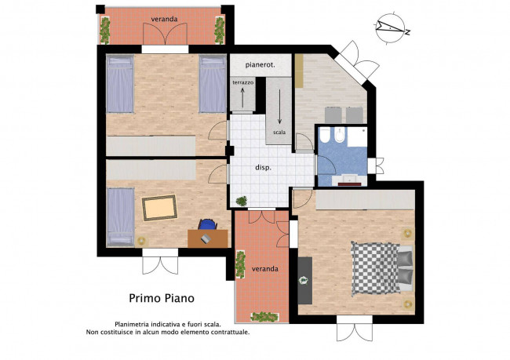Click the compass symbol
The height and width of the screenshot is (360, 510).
(x=392, y=27)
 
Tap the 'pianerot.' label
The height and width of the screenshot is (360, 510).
(x=260, y=65)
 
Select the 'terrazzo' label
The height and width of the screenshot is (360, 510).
(x=242, y=82)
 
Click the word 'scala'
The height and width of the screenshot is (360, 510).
(x=279, y=133)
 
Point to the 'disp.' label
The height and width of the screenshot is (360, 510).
(x=263, y=168)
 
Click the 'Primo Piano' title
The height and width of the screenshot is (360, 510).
(x=162, y=298)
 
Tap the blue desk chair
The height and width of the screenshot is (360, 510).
(x=207, y=224)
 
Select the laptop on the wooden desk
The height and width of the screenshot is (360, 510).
(x=206, y=238)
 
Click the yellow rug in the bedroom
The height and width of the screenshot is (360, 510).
(x=159, y=208)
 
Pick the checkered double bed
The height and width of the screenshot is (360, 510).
(x=382, y=268)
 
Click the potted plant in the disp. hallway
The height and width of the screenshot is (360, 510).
(x=242, y=201)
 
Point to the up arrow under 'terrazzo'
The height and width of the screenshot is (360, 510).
(x=242, y=97)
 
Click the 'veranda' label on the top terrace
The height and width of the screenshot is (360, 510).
(x=164, y=19)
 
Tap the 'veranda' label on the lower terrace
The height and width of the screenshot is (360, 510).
(x=265, y=269)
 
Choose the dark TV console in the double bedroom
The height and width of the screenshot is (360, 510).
(x=305, y=281)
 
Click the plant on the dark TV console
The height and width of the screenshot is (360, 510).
(x=304, y=280)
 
